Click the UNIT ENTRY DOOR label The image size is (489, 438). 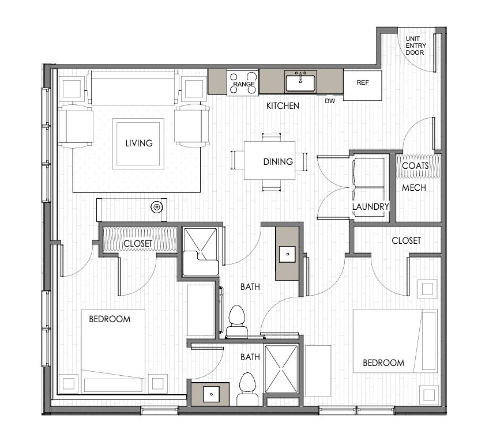pyautogui.click(x=415, y=46)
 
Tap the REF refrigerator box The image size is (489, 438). pyautogui.click(x=362, y=85)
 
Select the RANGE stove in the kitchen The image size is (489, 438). pyautogui.click(x=243, y=82)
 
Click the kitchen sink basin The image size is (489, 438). pyautogui.click(x=300, y=82)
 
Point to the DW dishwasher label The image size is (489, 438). pyautogui.click(x=330, y=101)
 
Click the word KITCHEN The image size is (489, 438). pyautogui.click(x=283, y=106)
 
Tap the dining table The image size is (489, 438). pyautogui.click(x=269, y=160)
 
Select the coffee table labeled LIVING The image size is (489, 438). pyautogui.click(x=138, y=144)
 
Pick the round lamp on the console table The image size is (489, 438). pyautogui.click(x=156, y=207)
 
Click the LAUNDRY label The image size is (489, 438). pyautogui.click(x=370, y=207)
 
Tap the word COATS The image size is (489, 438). pyautogui.click(x=415, y=165)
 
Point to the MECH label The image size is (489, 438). pyautogui.click(x=414, y=188)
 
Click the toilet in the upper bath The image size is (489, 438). pyautogui.click(x=236, y=321)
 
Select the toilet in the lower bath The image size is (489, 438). pyautogui.click(x=247, y=389)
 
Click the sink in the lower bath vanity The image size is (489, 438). pyautogui.click(x=211, y=394)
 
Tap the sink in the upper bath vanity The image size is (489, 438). pyautogui.click(x=287, y=254)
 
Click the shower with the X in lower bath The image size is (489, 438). pyautogui.click(x=281, y=369)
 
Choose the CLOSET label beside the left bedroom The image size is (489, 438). pyautogui.click(x=138, y=243)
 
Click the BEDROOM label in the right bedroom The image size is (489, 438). pyautogui.click(x=383, y=363)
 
